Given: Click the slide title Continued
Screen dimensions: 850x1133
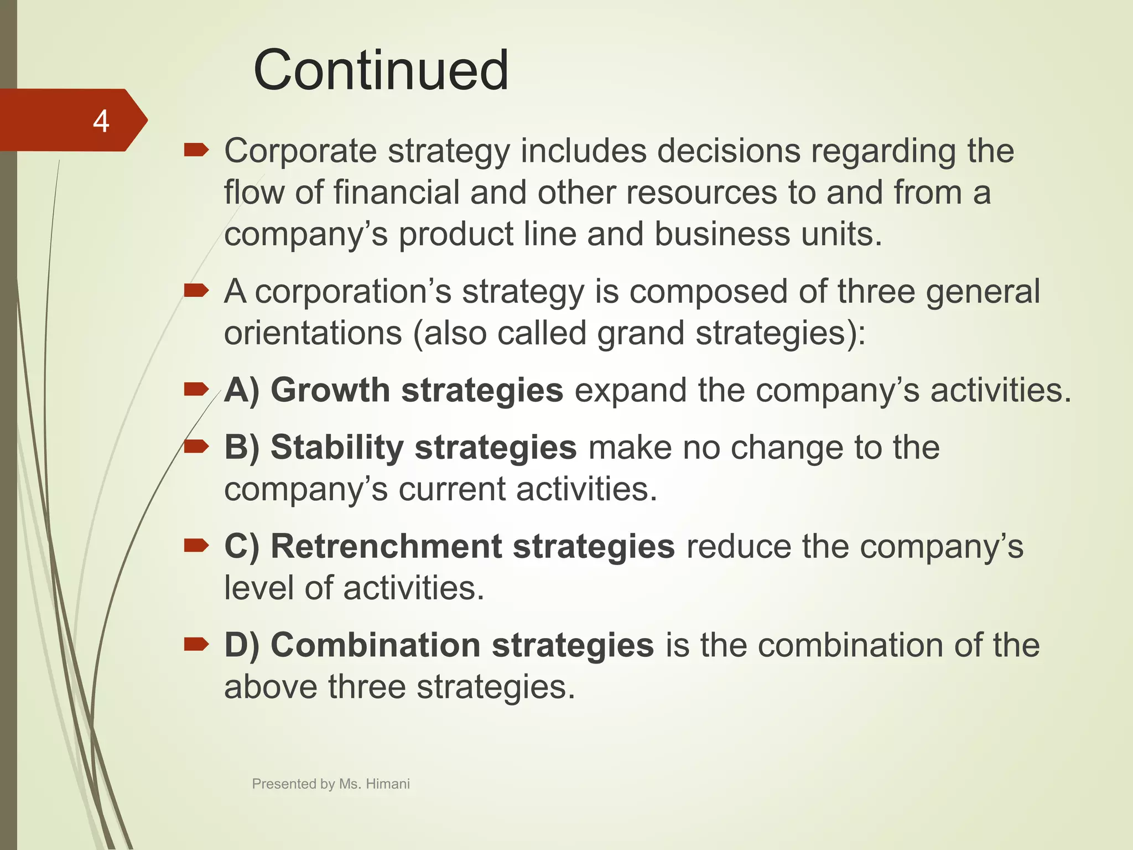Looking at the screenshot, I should [381, 70].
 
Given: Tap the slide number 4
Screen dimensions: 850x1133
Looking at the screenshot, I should [101, 121].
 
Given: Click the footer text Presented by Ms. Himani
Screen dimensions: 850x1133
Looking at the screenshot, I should [330, 784].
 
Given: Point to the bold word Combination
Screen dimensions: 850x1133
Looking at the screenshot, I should [376, 645].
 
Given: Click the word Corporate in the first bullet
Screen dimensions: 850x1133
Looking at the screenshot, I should [300, 151].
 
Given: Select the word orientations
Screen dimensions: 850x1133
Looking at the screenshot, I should [313, 333].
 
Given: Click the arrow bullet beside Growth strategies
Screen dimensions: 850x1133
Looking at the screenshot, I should [196, 390].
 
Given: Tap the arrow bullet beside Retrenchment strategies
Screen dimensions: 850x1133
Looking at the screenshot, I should [196, 546].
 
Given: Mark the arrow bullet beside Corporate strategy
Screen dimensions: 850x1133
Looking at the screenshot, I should [196, 150].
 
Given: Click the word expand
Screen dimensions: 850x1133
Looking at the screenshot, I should [630, 390].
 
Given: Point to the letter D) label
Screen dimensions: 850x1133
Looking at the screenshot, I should [242, 645].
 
